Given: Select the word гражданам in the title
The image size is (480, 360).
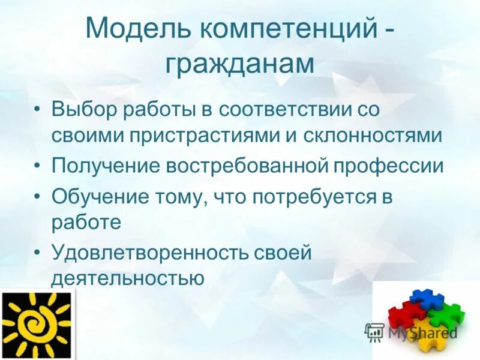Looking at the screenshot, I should click(x=240, y=64).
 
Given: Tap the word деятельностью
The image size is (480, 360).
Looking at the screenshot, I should click(x=128, y=277).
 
